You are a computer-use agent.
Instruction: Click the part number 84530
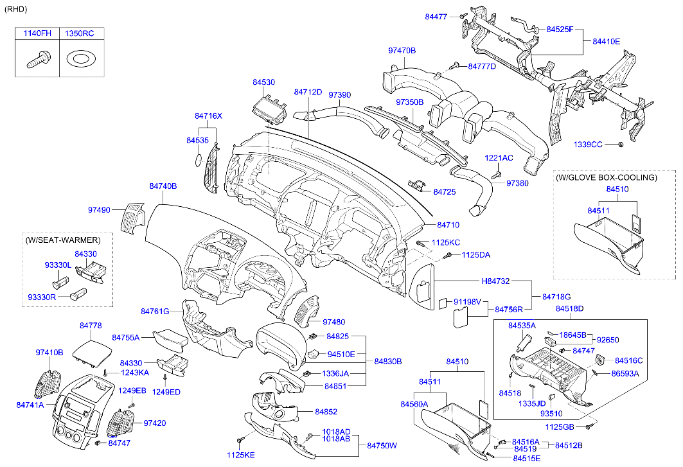tap(263, 82)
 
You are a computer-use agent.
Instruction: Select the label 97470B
tap(402, 51)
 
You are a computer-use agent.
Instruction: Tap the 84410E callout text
tap(607, 41)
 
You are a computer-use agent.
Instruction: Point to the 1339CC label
tap(588, 144)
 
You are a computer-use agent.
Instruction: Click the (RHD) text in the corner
tap(15, 9)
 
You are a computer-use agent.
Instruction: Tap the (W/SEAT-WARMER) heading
tap(63, 240)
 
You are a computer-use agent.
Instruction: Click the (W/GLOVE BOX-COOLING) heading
tap(607, 177)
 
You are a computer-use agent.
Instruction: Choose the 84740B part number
tap(163, 186)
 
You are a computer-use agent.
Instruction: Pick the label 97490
tap(100, 210)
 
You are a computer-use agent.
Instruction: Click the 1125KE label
tap(241, 455)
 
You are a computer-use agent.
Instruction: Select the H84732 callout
tap(495, 281)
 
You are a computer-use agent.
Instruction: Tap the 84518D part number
tap(570, 308)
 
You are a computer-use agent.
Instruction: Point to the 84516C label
tap(628, 360)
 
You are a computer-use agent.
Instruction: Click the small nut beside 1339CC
tap(621, 144)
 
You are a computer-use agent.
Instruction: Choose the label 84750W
tap(382, 445)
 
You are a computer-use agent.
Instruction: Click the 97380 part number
tap(517, 184)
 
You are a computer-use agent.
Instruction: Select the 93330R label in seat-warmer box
tap(42, 297)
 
